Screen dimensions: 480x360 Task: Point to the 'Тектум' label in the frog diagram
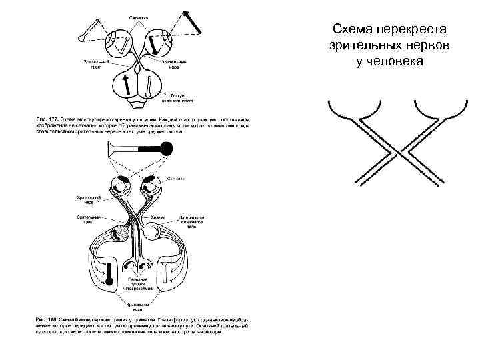[177, 95]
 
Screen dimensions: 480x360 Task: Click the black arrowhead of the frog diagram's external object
[184, 13]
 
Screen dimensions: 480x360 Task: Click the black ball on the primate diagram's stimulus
[167, 150]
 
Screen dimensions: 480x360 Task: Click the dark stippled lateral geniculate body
[123, 233]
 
